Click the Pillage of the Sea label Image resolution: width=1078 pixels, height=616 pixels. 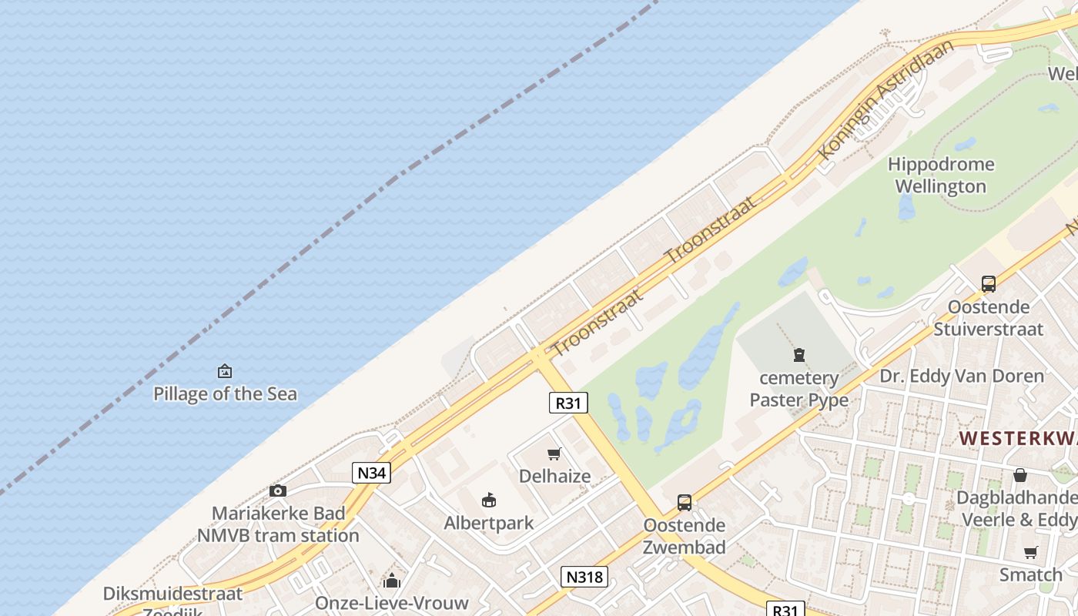coord(225,393)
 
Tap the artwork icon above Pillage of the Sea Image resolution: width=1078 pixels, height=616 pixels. coord(225,371)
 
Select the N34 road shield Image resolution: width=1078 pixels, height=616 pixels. coord(370,472)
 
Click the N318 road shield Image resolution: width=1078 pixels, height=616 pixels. coord(584,576)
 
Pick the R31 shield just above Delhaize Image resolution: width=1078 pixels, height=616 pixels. coord(568,402)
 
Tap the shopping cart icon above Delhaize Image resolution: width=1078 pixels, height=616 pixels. coord(554,454)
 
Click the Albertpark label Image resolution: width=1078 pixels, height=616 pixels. coord(489,523)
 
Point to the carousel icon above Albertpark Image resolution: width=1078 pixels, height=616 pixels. coord(489,500)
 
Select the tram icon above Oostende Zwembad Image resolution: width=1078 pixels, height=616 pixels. coord(685,503)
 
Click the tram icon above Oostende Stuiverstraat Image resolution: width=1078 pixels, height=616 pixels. coord(989,283)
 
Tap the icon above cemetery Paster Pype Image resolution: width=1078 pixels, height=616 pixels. coord(799,355)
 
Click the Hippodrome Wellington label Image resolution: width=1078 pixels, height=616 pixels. coord(940,175)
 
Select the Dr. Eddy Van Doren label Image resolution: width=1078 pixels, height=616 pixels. coord(962,376)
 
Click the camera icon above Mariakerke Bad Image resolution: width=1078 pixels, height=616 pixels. coord(278,490)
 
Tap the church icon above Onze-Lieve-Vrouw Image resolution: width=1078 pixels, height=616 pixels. coord(392,580)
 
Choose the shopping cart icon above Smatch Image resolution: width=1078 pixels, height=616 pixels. coord(1030,552)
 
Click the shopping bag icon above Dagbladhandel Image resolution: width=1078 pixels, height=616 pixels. coord(1020,475)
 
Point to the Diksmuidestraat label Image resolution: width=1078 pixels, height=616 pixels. coord(172,594)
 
